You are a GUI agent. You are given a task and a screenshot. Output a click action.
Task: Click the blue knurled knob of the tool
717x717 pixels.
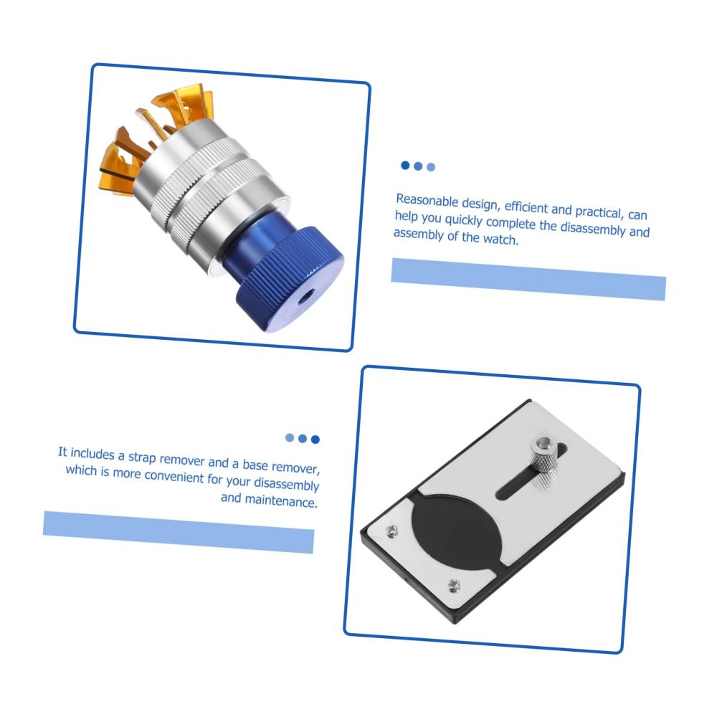[290, 279]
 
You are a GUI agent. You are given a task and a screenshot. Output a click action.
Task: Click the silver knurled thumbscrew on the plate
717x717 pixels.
[543, 455]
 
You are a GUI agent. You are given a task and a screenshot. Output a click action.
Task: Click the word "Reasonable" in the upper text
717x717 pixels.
[427, 201]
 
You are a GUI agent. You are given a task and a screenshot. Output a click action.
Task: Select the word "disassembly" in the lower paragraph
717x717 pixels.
[286, 483]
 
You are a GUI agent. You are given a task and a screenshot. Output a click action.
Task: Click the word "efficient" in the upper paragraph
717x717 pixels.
[526, 207]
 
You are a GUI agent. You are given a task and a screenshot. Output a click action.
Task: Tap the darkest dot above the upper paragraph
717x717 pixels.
[405, 165]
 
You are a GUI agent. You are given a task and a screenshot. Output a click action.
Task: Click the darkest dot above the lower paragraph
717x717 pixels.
[315, 440]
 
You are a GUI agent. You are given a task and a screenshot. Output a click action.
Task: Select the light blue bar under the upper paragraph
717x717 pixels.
[528, 279]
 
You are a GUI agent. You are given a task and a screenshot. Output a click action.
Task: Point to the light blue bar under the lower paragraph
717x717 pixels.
[179, 532]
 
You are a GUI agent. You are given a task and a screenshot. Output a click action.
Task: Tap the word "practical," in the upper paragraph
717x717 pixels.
[599, 212]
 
